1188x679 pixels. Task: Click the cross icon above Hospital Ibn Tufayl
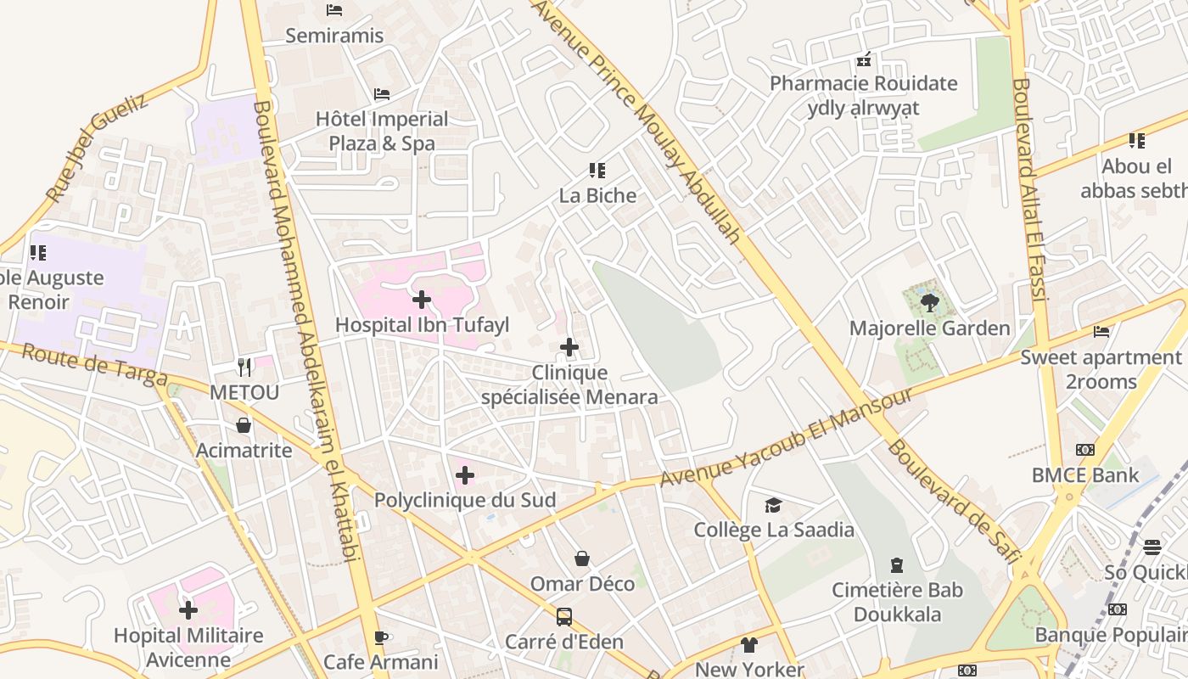point(422,299)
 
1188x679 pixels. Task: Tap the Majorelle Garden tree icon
point(930,301)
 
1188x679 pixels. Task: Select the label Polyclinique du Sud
point(465,500)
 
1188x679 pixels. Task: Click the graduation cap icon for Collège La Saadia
point(773,505)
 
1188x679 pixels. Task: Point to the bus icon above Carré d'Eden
point(564,616)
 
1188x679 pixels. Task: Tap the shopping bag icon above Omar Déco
point(582,558)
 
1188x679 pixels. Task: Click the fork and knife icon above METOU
point(244,367)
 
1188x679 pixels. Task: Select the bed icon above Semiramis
point(334,10)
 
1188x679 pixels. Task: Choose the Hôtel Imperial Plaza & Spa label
point(382,131)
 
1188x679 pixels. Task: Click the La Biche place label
point(597,195)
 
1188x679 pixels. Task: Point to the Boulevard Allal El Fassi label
point(1028,190)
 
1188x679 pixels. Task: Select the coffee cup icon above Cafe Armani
point(381,637)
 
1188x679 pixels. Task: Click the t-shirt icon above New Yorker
point(748,645)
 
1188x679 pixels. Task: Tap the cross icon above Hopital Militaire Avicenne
point(188,609)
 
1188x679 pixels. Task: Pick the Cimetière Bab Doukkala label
point(897,602)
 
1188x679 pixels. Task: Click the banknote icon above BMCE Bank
point(1084,450)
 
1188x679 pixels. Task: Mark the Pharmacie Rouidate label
point(863,83)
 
